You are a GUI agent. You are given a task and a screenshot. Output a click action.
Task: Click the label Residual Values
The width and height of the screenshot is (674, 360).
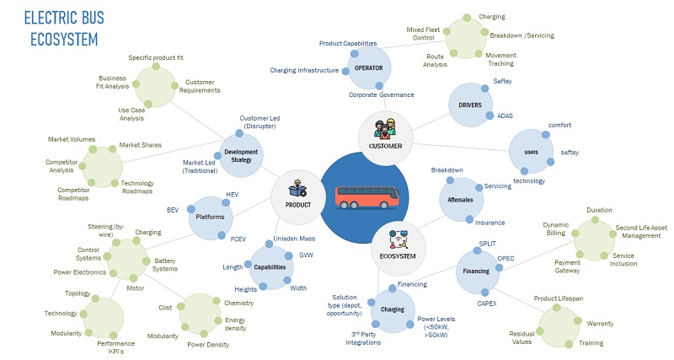pos(522,338)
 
